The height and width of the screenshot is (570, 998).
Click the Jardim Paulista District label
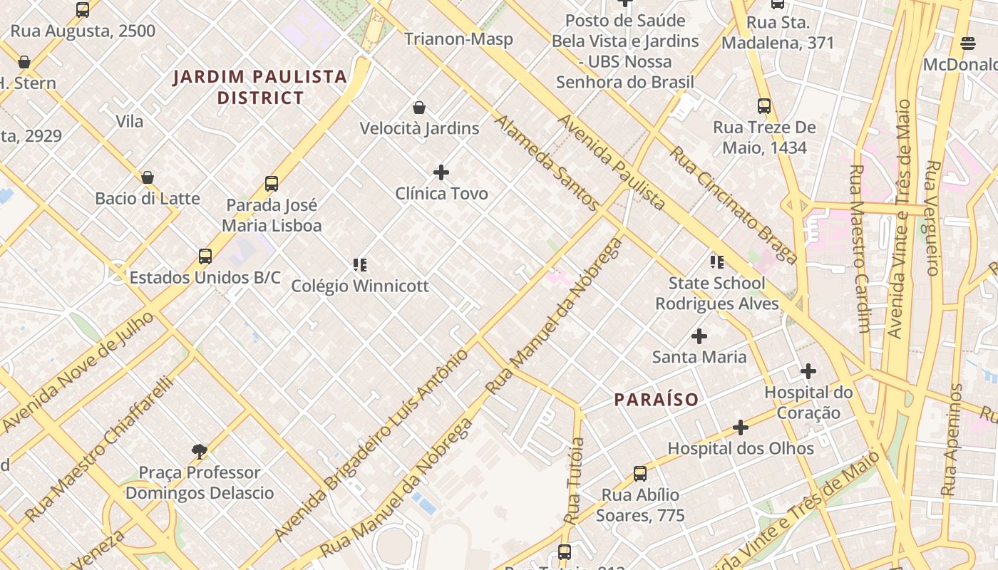pyautogui.click(x=259, y=87)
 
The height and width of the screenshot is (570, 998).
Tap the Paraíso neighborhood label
pyautogui.click(x=657, y=400)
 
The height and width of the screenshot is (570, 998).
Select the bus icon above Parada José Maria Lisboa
pyautogui.click(x=272, y=184)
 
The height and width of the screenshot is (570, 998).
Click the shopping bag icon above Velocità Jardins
pyautogui.click(x=419, y=108)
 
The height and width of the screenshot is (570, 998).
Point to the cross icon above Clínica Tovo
pyautogui.click(x=441, y=172)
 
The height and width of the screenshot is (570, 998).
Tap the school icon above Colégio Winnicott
pyautogui.click(x=360, y=265)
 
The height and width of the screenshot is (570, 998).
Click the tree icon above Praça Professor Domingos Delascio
pyautogui.click(x=200, y=451)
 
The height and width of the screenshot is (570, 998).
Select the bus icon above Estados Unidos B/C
pyautogui.click(x=205, y=256)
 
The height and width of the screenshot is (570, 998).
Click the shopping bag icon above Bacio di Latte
pyautogui.click(x=148, y=177)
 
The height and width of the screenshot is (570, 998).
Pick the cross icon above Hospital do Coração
pyautogui.click(x=808, y=371)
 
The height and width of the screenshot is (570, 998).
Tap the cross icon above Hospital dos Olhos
pyautogui.click(x=741, y=427)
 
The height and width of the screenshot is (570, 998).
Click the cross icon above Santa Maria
pyautogui.click(x=699, y=336)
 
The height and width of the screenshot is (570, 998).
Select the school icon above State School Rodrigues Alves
pyautogui.click(x=717, y=262)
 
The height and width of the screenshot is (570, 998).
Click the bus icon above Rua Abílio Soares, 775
pyautogui.click(x=640, y=474)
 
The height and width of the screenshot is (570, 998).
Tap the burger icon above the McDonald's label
pyautogui.click(x=967, y=43)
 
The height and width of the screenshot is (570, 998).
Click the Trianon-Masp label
pyautogui.click(x=458, y=39)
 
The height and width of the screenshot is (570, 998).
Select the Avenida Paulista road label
pyautogui.click(x=611, y=162)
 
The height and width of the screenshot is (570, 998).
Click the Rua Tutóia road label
pyautogui.click(x=575, y=481)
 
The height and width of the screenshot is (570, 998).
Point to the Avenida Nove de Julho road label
pyautogui.click(x=78, y=372)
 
